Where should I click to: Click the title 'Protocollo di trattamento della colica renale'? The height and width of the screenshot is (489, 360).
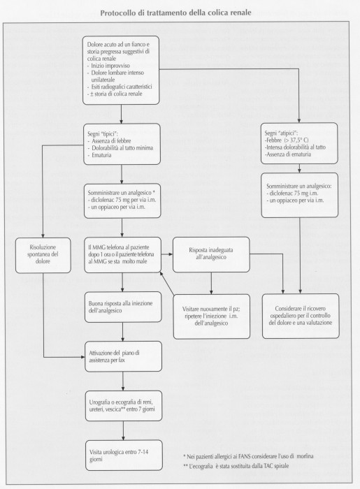click(175, 13)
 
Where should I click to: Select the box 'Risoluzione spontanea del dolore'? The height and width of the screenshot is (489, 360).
click(43, 255)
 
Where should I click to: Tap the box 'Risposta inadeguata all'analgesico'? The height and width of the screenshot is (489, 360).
click(211, 254)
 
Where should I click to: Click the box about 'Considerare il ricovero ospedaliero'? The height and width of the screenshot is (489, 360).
click(301, 316)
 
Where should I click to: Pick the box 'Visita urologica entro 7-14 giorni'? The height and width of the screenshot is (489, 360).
click(124, 455)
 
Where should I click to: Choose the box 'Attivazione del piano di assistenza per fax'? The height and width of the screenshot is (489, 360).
click(123, 356)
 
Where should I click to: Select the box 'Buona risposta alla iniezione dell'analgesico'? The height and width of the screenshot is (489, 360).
click(123, 307)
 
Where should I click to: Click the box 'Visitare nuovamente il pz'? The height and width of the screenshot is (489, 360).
click(212, 316)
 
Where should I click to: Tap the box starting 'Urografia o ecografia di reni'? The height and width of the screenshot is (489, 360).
click(124, 406)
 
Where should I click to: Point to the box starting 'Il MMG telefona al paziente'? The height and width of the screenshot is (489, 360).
click(122, 255)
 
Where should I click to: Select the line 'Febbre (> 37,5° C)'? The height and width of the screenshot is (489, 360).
click(287, 140)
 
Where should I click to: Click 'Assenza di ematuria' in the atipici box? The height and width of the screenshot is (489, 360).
click(288, 154)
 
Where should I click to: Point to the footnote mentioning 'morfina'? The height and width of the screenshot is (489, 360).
click(248, 457)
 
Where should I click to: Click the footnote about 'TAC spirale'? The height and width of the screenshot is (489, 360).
click(236, 466)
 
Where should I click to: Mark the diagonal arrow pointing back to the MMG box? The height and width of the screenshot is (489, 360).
click(167, 282)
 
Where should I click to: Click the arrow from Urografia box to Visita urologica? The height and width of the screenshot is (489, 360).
click(124, 430)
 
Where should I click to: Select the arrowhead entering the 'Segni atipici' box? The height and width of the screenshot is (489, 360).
click(299, 121)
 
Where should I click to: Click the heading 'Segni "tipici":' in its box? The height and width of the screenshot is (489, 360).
click(103, 134)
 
